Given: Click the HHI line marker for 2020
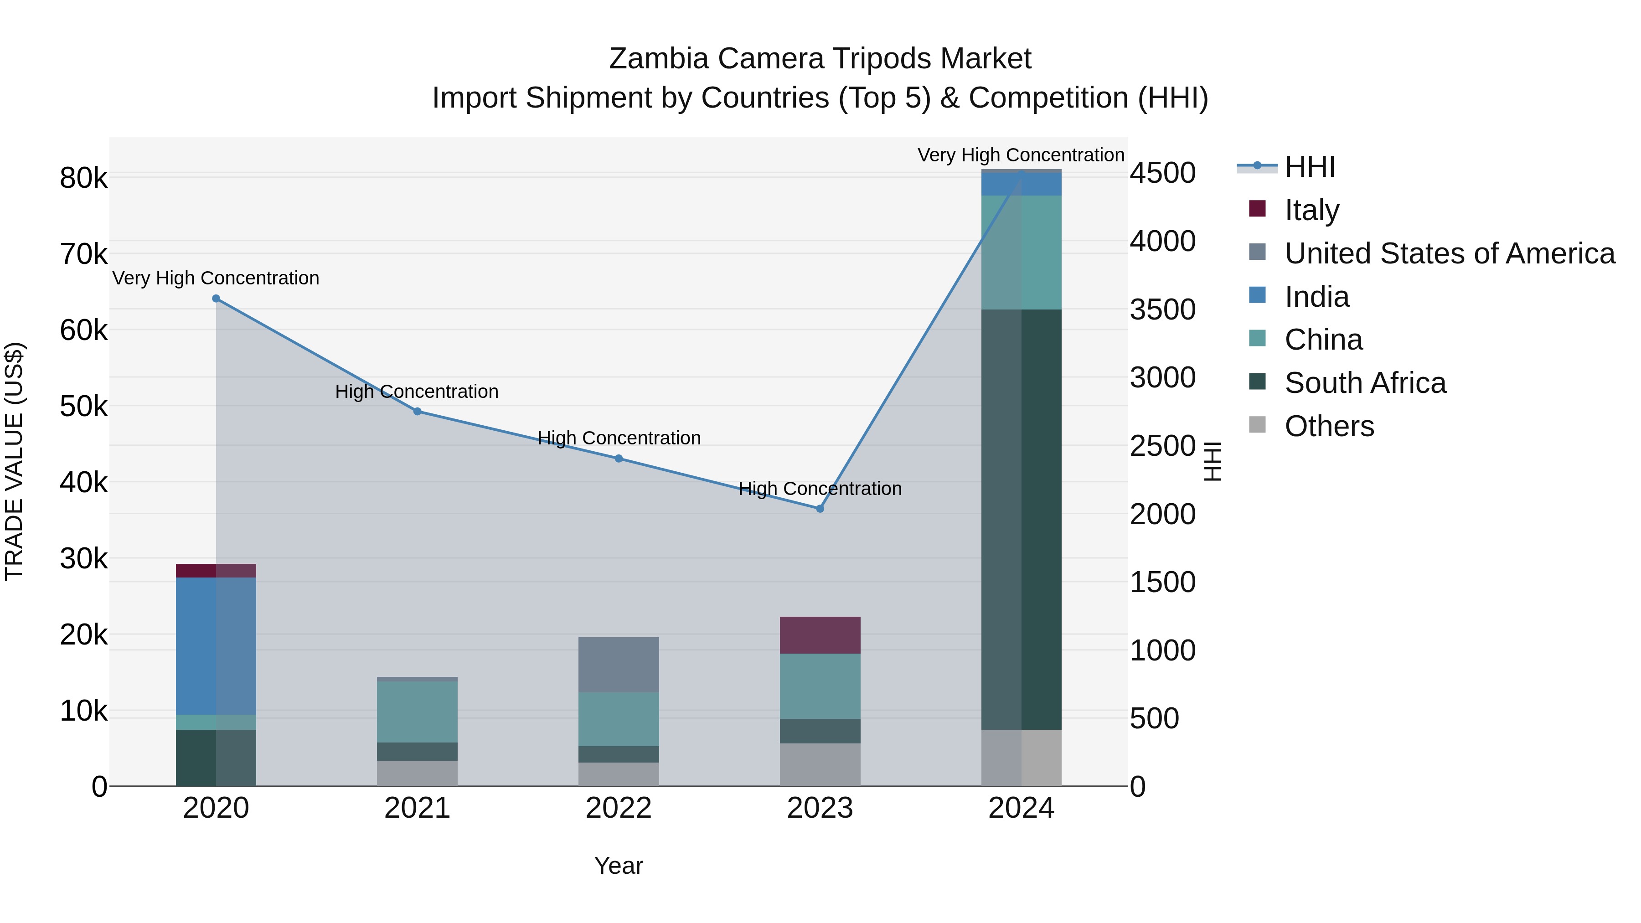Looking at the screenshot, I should [x=216, y=299].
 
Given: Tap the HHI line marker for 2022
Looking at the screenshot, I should [x=619, y=459].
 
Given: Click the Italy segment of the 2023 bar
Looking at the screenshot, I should [x=820, y=635].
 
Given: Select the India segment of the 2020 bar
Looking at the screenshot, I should [x=216, y=646].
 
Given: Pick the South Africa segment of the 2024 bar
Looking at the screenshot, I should [x=1021, y=519].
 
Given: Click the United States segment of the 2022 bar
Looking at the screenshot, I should [x=619, y=665].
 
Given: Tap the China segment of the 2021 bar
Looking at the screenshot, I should [x=417, y=712].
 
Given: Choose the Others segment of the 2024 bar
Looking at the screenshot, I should [x=1021, y=758].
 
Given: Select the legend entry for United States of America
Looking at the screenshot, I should [x=1449, y=253].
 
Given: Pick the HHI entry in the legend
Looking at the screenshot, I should [x=1309, y=167].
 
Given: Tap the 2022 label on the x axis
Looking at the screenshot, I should [x=619, y=808].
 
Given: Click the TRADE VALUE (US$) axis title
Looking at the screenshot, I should [x=15, y=461].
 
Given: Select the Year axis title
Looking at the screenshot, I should [x=619, y=866].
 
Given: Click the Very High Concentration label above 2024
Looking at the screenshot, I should [x=1021, y=155].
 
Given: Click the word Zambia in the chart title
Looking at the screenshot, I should [x=659, y=59].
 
